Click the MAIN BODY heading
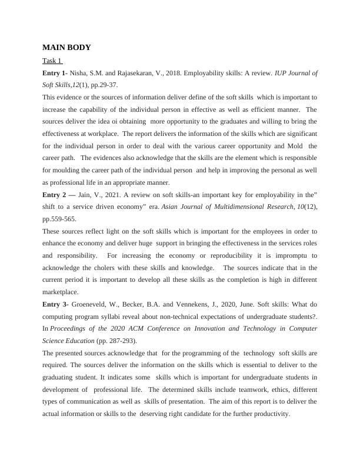coord(66,48)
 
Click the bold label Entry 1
coord(55,74)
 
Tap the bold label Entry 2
coord(56,195)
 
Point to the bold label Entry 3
coord(55,304)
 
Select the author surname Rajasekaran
coord(138,74)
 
